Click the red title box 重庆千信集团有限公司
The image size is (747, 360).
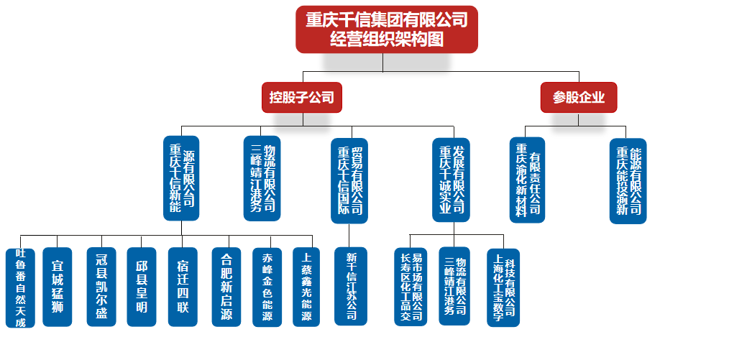coord(386,29)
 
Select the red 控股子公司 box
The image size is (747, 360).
coord(301,97)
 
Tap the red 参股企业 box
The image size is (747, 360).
coord(578,97)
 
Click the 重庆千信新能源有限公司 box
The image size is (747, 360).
coord(181,178)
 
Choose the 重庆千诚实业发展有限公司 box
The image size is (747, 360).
coord(451,180)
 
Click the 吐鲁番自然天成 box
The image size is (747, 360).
coord(20,287)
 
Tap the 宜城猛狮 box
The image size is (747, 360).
coord(58,287)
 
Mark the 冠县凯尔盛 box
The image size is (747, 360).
coord(101,287)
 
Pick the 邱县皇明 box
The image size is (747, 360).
coord(141,287)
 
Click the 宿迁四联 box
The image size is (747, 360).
coord(183,287)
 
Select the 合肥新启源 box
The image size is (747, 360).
coord(226,287)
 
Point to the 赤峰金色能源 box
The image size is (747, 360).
coord(267,287)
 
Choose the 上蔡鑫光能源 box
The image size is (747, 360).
coord(307,287)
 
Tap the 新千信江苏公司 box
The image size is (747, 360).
coord(351,287)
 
